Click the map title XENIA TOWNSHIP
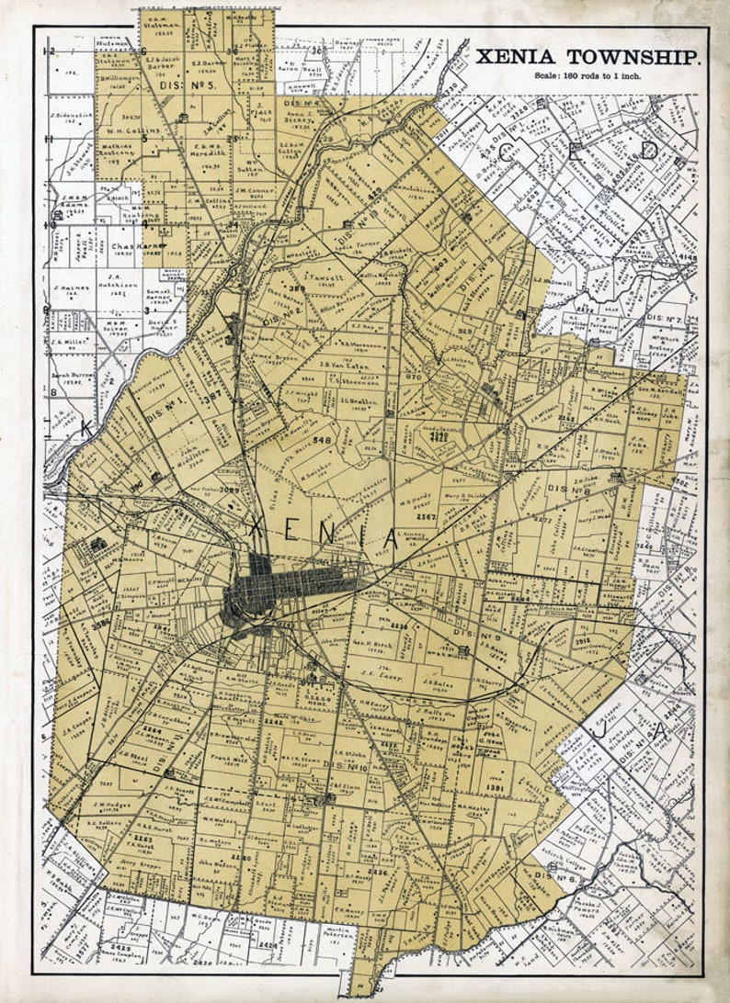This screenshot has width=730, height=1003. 588,58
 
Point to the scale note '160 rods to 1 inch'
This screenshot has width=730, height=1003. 588,75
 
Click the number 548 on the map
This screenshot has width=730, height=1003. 322,441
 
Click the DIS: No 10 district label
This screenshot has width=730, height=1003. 346,766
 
